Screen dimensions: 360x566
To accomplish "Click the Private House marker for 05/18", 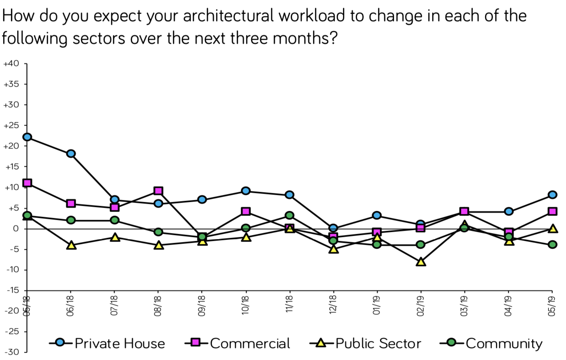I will click(27, 137).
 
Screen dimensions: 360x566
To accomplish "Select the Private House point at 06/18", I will click(71, 154).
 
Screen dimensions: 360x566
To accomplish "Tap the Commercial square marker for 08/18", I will click(158, 191).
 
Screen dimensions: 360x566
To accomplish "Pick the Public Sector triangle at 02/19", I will click(420, 262).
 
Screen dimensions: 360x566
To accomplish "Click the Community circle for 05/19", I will click(552, 245).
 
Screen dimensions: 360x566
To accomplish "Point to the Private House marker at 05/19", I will click(552, 195).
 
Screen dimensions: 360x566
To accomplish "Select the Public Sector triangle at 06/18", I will click(71, 245).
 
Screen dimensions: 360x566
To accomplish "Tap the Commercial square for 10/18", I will click(246, 212).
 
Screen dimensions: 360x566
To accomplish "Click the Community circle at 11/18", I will click(289, 215).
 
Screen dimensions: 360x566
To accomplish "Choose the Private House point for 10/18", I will click(246, 191).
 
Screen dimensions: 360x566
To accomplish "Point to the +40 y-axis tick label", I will click(11, 64).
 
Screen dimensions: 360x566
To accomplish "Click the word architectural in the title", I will click(229, 16).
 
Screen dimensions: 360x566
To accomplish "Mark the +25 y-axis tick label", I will click(11, 125).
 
